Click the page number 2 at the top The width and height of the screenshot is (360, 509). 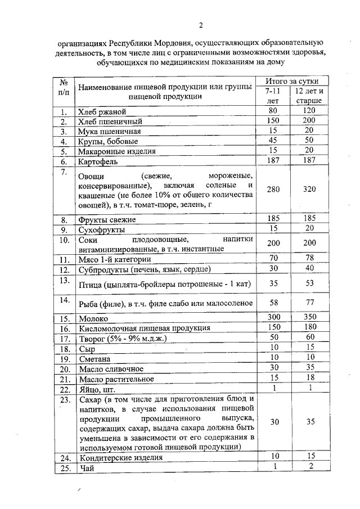tap(200, 24)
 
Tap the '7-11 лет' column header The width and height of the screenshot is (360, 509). tap(272, 96)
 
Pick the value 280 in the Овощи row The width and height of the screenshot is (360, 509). tap(273, 190)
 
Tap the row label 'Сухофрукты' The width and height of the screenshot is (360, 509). tap(101, 229)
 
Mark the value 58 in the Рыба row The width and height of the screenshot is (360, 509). tap(273, 303)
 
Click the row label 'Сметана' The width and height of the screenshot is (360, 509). tap(94, 359)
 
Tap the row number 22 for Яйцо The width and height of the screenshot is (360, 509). tap(65, 389)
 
